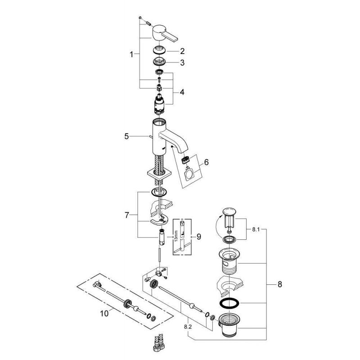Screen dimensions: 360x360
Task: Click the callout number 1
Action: point(131,54)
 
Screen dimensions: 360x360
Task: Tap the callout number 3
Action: point(182,63)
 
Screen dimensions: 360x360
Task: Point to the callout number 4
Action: point(182,92)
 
